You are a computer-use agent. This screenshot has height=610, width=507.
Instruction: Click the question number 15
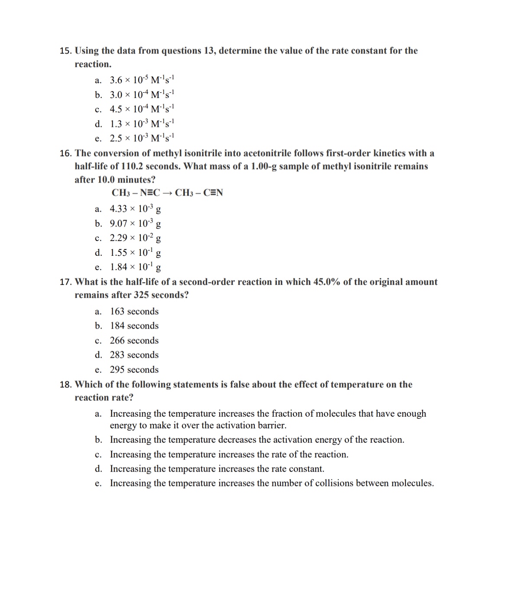65,51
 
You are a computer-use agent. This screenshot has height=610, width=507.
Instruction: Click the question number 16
65,153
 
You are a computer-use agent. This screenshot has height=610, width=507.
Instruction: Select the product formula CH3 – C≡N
199,193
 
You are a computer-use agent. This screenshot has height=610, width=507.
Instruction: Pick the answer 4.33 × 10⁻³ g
135,209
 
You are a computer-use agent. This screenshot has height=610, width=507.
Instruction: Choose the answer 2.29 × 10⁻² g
135,238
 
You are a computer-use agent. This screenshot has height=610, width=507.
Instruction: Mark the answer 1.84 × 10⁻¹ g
135,267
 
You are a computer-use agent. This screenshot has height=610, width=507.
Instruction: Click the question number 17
65,282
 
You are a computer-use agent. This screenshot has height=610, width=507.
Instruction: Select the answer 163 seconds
134,312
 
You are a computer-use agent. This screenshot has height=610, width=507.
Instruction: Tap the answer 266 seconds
134,341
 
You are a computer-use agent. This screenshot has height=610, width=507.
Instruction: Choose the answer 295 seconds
134,370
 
